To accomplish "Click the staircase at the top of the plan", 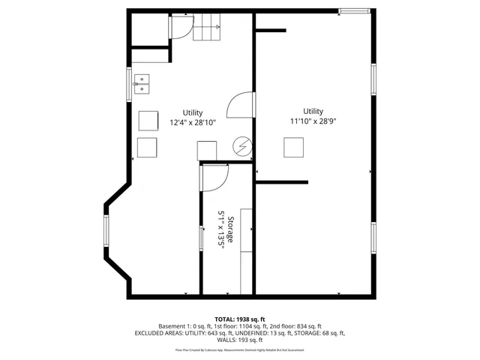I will [208, 29].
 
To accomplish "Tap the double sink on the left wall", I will [142, 83].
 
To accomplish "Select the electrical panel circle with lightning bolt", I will [242, 146].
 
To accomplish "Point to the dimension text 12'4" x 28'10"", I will [193, 122].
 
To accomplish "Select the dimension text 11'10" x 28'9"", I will [313, 121].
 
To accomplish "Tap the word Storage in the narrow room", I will [231, 229].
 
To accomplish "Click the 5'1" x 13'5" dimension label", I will [221, 233].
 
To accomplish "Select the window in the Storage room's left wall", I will [200, 238].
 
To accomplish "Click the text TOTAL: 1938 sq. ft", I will [240, 319].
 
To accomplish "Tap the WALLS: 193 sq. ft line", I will [240, 340].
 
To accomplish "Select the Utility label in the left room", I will [193, 112].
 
